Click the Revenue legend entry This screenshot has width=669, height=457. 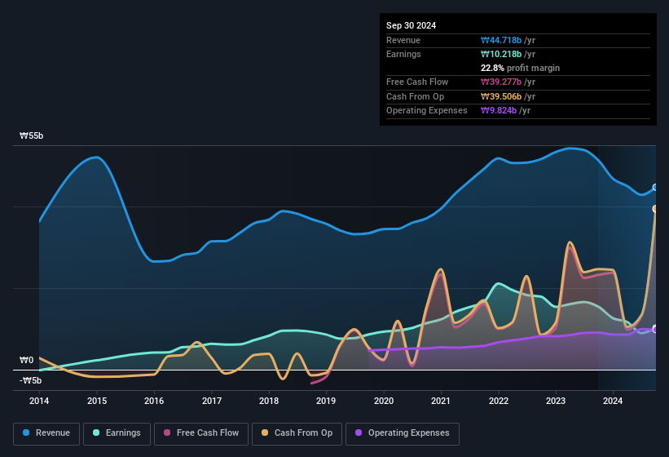(x=47, y=433)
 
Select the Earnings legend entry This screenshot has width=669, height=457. (x=117, y=433)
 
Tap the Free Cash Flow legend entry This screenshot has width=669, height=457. (x=201, y=433)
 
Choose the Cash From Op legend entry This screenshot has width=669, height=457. (x=297, y=433)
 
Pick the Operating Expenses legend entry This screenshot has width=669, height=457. (x=402, y=433)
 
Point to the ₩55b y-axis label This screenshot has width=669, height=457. (x=32, y=136)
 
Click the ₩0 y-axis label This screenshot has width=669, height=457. (x=27, y=360)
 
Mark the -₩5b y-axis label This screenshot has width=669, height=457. (x=30, y=380)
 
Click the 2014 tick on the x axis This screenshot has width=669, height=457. (x=39, y=401)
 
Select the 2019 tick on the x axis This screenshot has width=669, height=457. (x=326, y=401)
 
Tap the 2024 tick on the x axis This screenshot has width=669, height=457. (x=613, y=401)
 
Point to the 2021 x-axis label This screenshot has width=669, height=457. (x=441, y=401)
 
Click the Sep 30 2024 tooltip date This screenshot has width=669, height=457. (x=411, y=25)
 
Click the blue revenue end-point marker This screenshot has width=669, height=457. (x=655, y=188)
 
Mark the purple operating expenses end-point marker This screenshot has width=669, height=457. (x=655, y=329)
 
